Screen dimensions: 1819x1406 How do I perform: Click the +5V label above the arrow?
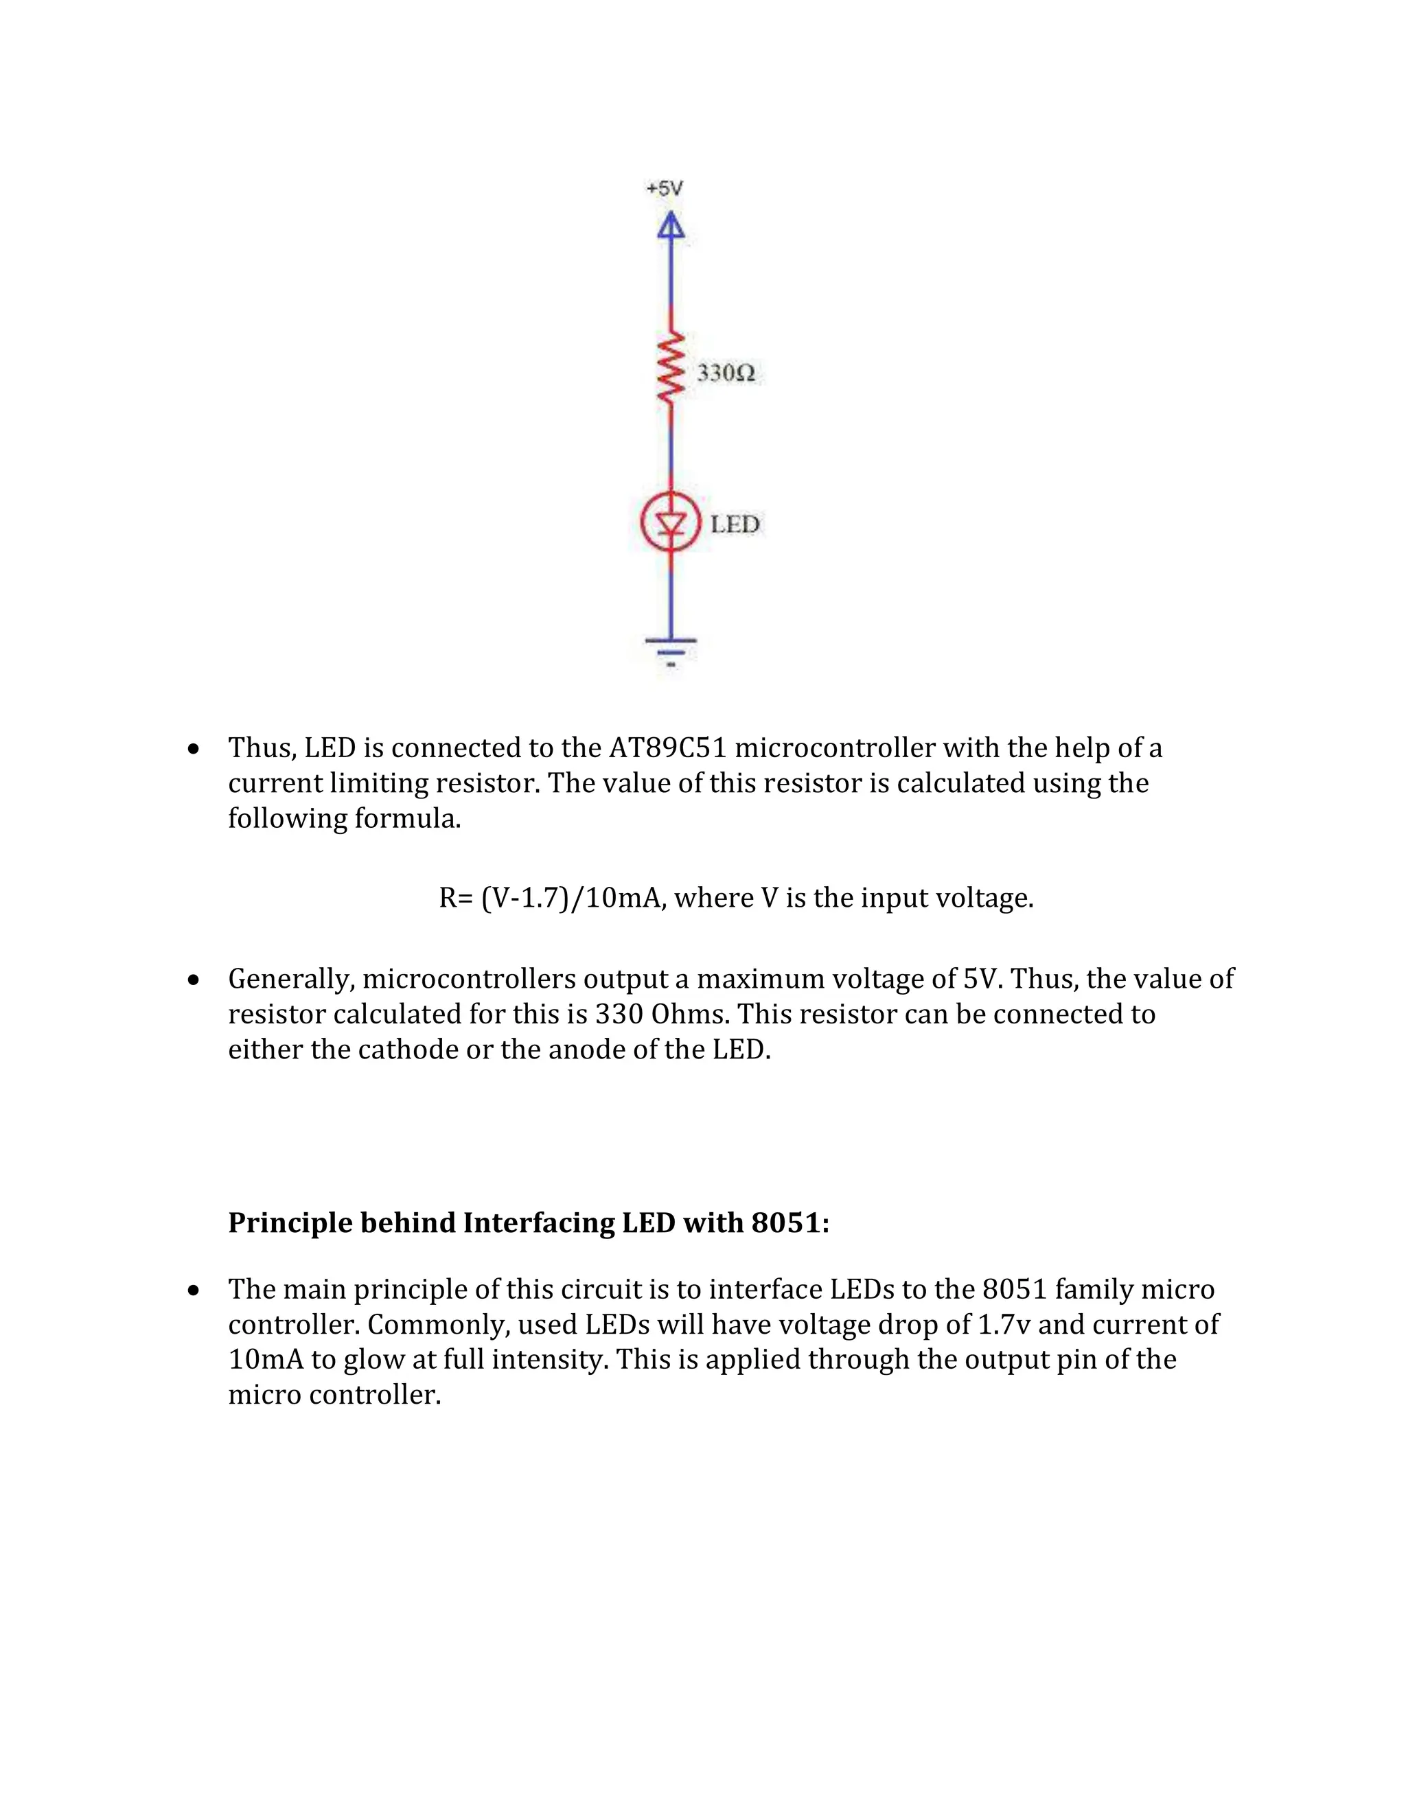pyautogui.click(x=665, y=189)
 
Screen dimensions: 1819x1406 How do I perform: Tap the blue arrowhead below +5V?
pyautogui.click(x=671, y=226)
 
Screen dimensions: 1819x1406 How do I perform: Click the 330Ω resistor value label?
pyautogui.click(x=726, y=373)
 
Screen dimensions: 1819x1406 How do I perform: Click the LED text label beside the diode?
pyautogui.click(x=735, y=524)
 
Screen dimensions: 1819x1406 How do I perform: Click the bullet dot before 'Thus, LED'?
pyautogui.click(x=193, y=750)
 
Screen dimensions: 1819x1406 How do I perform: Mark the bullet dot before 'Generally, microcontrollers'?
pyautogui.click(x=193, y=980)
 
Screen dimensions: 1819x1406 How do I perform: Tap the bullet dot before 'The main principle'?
pyautogui.click(x=193, y=1291)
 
